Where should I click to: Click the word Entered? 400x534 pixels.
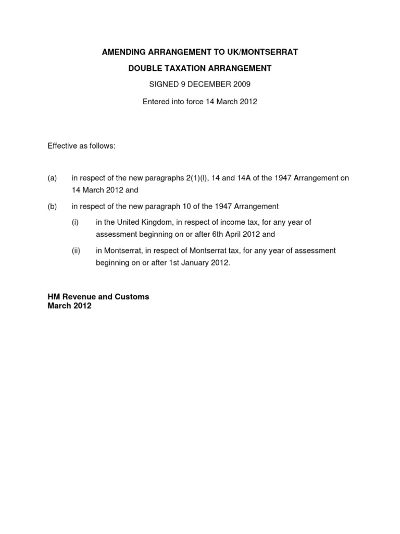pos(156,102)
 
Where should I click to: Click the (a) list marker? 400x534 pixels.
pos(52,178)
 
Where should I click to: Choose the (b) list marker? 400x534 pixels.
pos(52,207)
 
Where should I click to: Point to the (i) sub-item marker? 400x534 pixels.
pos(75,222)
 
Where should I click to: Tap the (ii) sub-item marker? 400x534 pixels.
pos(76,251)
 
